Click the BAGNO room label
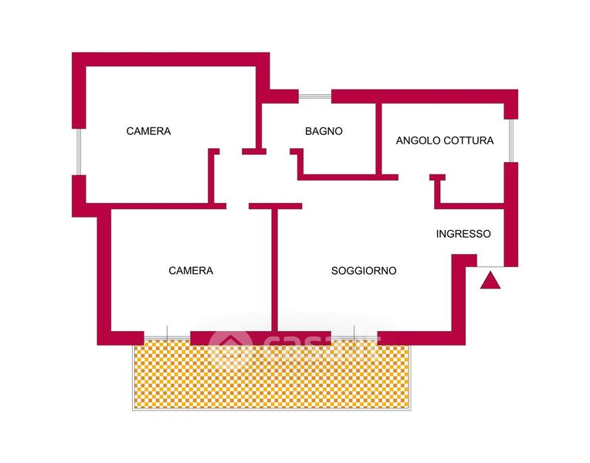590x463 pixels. click(324, 131)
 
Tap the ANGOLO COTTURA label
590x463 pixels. click(444, 140)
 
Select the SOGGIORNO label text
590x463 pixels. click(364, 271)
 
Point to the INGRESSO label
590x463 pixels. click(463, 234)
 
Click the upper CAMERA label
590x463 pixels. click(148, 131)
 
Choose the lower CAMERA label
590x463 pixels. click(191, 271)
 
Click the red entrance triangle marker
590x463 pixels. click(490, 281)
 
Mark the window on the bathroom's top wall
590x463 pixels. click(315, 96)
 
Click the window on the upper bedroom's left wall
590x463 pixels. click(78, 151)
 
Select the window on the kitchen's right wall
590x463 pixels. click(510, 140)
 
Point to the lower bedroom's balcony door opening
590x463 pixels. click(167, 337)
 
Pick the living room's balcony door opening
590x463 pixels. click(354, 337)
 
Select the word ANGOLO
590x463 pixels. click(418, 140)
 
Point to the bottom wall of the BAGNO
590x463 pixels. click(348, 177)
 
